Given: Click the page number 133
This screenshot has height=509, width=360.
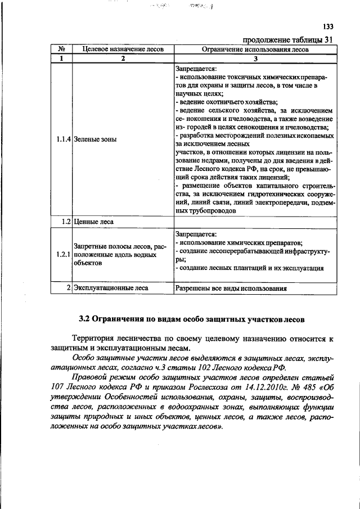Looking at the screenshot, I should pyautogui.click(x=328, y=26).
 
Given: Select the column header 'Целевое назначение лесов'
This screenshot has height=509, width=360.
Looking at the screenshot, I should pyautogui.click(x=123, y=49).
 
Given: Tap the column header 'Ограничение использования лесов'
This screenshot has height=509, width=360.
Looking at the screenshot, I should pyautogui.click(x=255, y=49).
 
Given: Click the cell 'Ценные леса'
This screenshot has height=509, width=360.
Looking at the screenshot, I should pyautogui.click(x=93, y=222).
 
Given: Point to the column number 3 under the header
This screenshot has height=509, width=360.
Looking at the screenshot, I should pyautogui.click(x=255, y=58).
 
